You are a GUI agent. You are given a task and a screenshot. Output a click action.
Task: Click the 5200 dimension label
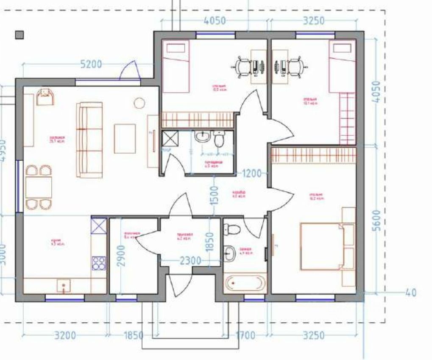[92, 64]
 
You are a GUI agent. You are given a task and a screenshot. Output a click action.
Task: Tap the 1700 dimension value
[245, 336]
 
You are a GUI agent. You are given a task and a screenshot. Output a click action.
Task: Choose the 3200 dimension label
[66, 336]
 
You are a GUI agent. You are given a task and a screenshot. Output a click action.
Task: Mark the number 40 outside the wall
[410, 293]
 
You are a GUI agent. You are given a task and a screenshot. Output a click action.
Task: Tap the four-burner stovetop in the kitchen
[99, 263]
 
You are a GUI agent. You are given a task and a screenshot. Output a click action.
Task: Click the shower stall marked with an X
[170, 139]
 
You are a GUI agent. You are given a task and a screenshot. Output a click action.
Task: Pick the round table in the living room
[139, 103]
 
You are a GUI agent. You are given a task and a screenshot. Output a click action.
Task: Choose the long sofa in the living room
[89, 140]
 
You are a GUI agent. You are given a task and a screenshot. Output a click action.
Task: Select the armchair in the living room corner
[45, 97]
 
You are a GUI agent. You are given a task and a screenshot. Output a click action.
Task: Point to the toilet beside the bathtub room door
[233, 229]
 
